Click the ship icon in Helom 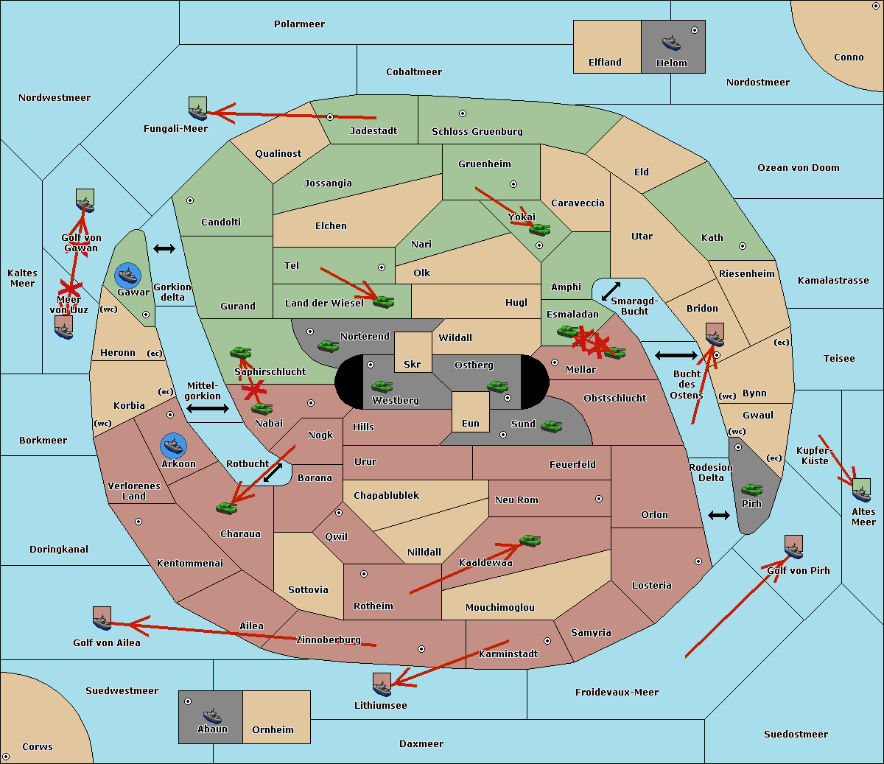pyautogui.click(x=671, y=43)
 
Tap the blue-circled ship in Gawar pyautogui.click(x=128, y=276)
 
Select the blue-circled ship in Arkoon pyautogui.click(x=173, y=446)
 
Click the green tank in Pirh pyautogui.click(x=751, y=489)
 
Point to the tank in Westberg pyautogui.click(x=382, y=387)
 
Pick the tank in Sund pyautogui.click(x=551, y=426)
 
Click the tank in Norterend pyautogui.click(x=328, y=346)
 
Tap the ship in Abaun pyautogui.click(x=212, y=715)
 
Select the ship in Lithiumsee pyautogui.click(x=382, y=685)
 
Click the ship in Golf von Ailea pyautogui.click(x=102, y=619)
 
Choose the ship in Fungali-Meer pyautogui.click(x=197, y=108)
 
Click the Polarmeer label pyautogui.click(x=299, y=24)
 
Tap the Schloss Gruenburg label pyautogui.click(x=477, y=131)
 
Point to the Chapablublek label pyautogui.click(x=386, y=495)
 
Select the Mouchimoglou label pyautogui.click(x=500, y=607)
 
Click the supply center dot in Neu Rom pyautogui.click(x=599, y=499)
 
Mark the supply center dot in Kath pyautogui.click(x=743, y=246)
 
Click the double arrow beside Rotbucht pyautogui.click(x=273, y=472)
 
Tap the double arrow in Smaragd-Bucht pyautogui.click(x=611, y=291)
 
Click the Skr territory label pyautogui.click(x=413, y=364)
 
